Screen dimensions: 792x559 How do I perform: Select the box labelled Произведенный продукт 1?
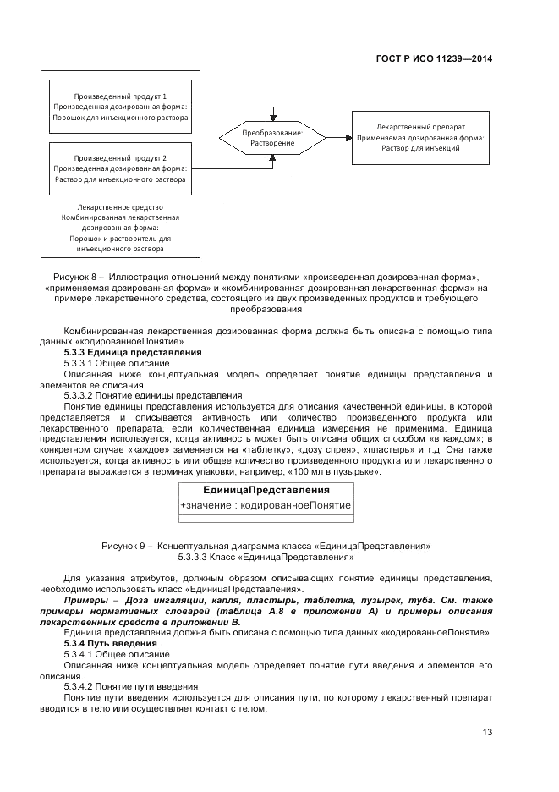(120, 107)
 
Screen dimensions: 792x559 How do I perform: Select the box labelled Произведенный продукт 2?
(120, 168)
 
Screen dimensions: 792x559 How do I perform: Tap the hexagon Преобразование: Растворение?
(272, 138)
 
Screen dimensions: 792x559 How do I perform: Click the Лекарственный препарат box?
(419, 136)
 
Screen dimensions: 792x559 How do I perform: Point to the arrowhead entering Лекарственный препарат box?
(347, 137)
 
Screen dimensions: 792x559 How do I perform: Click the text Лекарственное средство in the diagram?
(120, 206)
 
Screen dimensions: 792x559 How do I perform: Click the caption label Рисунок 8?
(76, 277)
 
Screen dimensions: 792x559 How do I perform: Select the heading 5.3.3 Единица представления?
(133, 351)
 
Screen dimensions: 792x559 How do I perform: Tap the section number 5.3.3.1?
(81, 362)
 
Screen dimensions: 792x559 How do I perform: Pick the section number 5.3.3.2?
(81, 395)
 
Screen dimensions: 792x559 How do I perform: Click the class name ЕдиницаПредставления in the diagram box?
(266, 490)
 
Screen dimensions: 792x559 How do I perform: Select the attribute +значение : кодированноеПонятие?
(266, 505)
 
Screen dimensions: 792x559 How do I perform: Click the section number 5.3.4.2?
(81, 686)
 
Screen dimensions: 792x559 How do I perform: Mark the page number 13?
(487, 733)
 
